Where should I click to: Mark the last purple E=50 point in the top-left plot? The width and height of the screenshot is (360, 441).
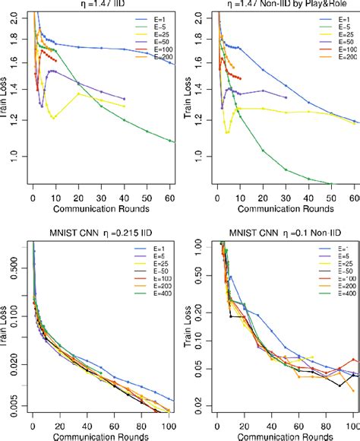point(124,99)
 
